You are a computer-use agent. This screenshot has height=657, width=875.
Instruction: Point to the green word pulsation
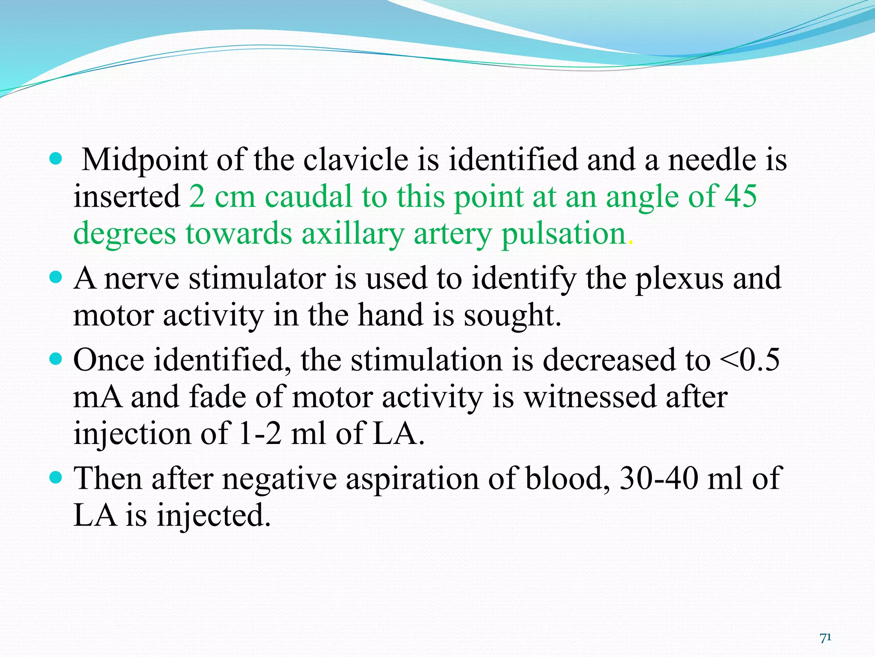(x=563, y=234)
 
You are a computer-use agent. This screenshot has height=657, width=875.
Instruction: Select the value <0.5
(x=749, y=360)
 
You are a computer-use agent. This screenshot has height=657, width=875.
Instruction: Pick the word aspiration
(x=412, y=478)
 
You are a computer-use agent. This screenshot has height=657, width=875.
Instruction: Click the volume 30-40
(x=658, y=478)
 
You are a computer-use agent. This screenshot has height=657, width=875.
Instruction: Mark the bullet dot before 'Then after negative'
(x=56, y=476)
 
